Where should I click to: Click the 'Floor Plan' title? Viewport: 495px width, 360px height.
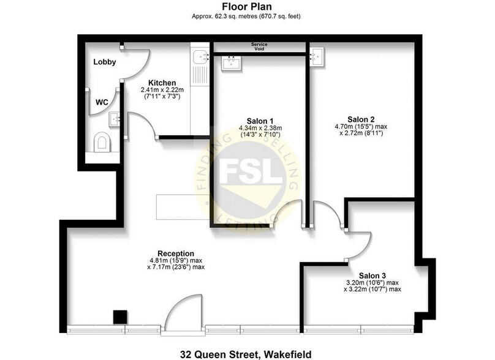[247, 7]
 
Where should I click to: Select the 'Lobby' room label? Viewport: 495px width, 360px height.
[105, 62]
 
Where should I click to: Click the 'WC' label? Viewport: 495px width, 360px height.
[101, 102]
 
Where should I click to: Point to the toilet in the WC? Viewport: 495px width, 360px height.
[102, 143]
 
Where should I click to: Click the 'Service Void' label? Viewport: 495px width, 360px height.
[259, 47]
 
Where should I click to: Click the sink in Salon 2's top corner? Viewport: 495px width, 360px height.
[317, 58]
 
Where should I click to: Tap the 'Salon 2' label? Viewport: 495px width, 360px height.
[360, 119]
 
